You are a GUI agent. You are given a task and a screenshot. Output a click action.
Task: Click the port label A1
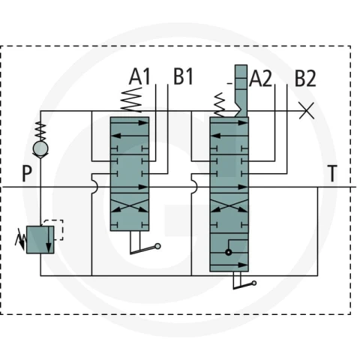click(x=139, y=76)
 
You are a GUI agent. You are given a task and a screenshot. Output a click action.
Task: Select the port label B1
click(x=184, y=76)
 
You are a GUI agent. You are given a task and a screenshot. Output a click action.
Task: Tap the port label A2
click(x=260, y=78)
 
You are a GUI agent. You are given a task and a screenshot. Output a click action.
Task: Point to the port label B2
click(x=305, y=78)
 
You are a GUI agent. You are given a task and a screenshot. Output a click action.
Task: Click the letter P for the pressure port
click(x=27, y=173)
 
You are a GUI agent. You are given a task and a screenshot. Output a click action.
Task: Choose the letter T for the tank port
click(x=332, y=173)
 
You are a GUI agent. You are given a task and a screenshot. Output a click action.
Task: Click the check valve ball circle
click(x=40, y=148)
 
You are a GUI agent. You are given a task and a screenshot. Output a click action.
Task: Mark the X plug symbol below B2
click(x=307, y=111)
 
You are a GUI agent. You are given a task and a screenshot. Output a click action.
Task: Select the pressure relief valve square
click(x=40, y=239)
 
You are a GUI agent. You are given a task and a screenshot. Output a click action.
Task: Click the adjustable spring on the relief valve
click(x=20, y=239)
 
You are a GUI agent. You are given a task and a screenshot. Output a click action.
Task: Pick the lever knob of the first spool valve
click(x=157, y=246)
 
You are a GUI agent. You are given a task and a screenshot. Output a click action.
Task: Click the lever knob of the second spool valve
click(x=254, y=283)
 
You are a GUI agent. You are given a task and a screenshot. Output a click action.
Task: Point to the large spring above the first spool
click(x=131, y=100)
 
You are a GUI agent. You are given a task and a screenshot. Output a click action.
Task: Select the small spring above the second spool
click(x=219, y=105)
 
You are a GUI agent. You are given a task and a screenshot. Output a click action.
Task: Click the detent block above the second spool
click(x=241, y=91)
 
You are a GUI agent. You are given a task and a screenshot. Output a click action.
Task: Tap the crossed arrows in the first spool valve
click(x=130, y=205)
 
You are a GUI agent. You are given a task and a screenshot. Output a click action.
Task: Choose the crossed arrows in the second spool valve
click(x=229, y=205)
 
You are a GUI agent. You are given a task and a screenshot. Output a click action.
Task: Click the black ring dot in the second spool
click(x=228, y=252)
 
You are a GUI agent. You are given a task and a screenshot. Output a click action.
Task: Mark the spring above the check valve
click(x=40, y=131)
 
